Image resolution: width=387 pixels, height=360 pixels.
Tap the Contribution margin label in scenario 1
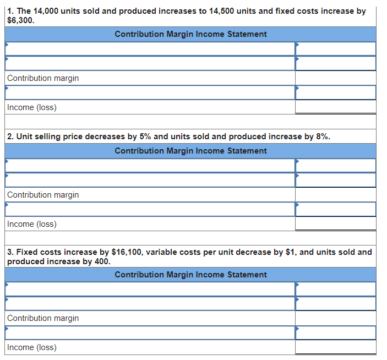pyautogui.click(x=43, y=78)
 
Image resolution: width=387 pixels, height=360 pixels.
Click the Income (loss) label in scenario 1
pyautogui.click(x=32, y=107)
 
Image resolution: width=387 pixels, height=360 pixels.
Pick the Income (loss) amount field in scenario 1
pyautogui.click(x=335, y=107)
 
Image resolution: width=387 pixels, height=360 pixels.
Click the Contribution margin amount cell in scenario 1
pyautogui.click(x=335, y=78)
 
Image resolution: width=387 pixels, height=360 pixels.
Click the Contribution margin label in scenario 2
pyautogui.click(x=43, y=195)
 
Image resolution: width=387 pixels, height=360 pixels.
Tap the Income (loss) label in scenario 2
pyautogui.click(x=32, y=224)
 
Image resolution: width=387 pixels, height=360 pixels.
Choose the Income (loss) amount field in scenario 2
pyautogui.click(x=335, y=223)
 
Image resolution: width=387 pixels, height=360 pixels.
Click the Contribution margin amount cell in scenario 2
pyautogui.click(x=335, y=195)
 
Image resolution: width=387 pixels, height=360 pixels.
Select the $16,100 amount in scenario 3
pyautogui.click(x=128, y=252)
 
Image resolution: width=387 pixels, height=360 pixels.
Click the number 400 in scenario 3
pyautogui.click(x=102, y=261)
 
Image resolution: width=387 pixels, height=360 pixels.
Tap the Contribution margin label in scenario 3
pyautogui.click(x=43, y=318)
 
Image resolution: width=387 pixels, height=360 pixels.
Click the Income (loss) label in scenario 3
pyautogui.click(x=32, y=347)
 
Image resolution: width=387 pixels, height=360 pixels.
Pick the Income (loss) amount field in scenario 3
pyautogui.click(x=335, y=347)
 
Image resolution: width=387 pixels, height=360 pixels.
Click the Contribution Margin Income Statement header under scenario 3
pyautogui.click(x=190, y=275)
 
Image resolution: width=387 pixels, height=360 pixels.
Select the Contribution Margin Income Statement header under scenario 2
pyautogui.click(x=190, y=151)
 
